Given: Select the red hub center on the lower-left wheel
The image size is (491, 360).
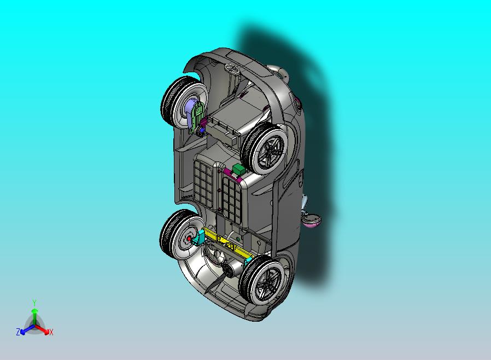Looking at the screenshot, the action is tap(189, 239).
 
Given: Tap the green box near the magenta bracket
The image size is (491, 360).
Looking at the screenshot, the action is tap(239, 170).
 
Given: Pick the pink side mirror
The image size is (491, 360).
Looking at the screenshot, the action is tap(311, 219).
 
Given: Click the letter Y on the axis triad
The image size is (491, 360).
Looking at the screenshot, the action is tap(34, 303).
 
